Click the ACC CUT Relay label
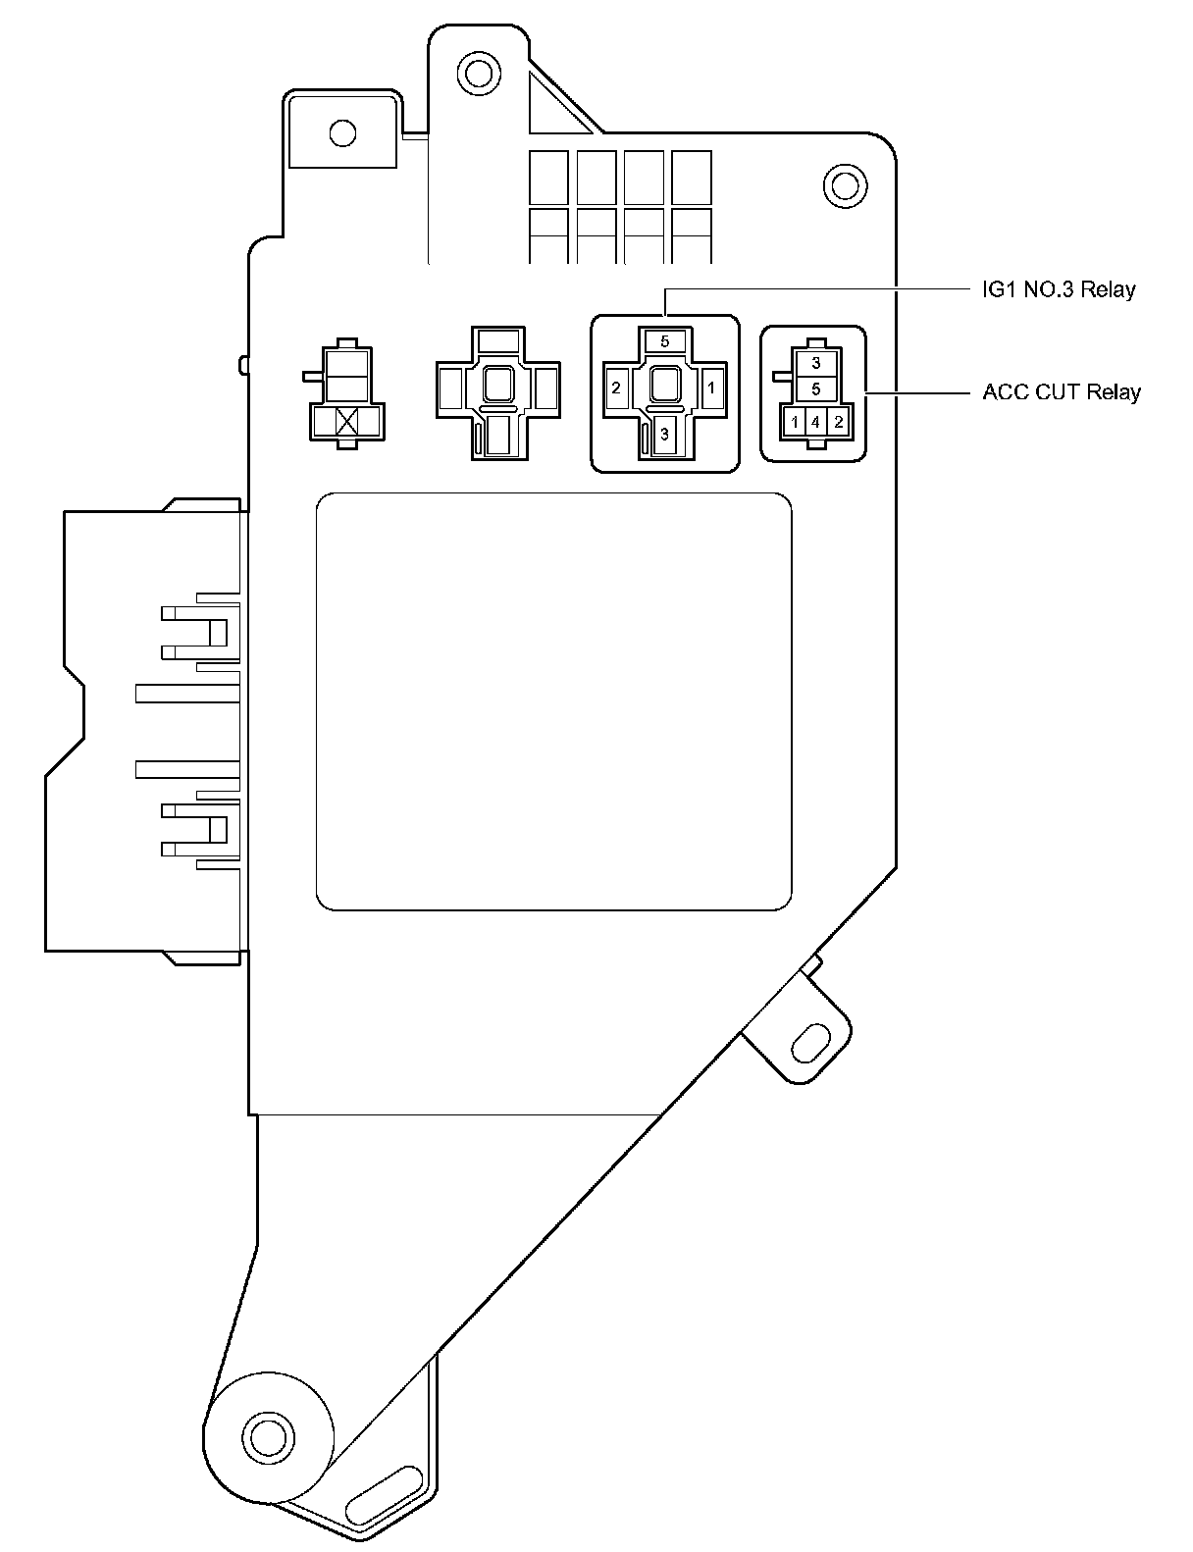click(1062, 392)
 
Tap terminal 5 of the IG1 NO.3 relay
click(665, 341)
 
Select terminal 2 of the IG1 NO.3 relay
click(616, 388)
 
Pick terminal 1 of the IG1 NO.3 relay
click(711, 388)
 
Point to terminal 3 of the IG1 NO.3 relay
click(664, 435)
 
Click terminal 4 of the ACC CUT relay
click(815, 423)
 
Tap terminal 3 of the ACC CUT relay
click(815, 362)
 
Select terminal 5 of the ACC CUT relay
click(815, 388)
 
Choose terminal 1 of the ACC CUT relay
click(794, 423)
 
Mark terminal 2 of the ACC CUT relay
click(838, 423)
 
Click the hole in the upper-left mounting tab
click(342, 131)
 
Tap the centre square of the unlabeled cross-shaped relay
click(498, 384)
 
